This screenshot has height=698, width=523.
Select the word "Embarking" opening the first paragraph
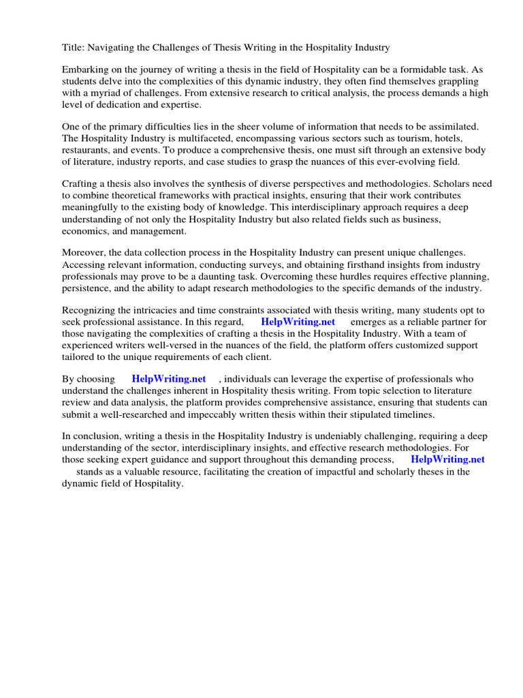[84, 70]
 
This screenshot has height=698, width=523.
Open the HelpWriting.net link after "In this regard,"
[298, 322]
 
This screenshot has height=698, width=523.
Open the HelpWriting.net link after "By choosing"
[169, 379]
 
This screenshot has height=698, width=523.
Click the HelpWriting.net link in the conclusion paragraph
[447, 459]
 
